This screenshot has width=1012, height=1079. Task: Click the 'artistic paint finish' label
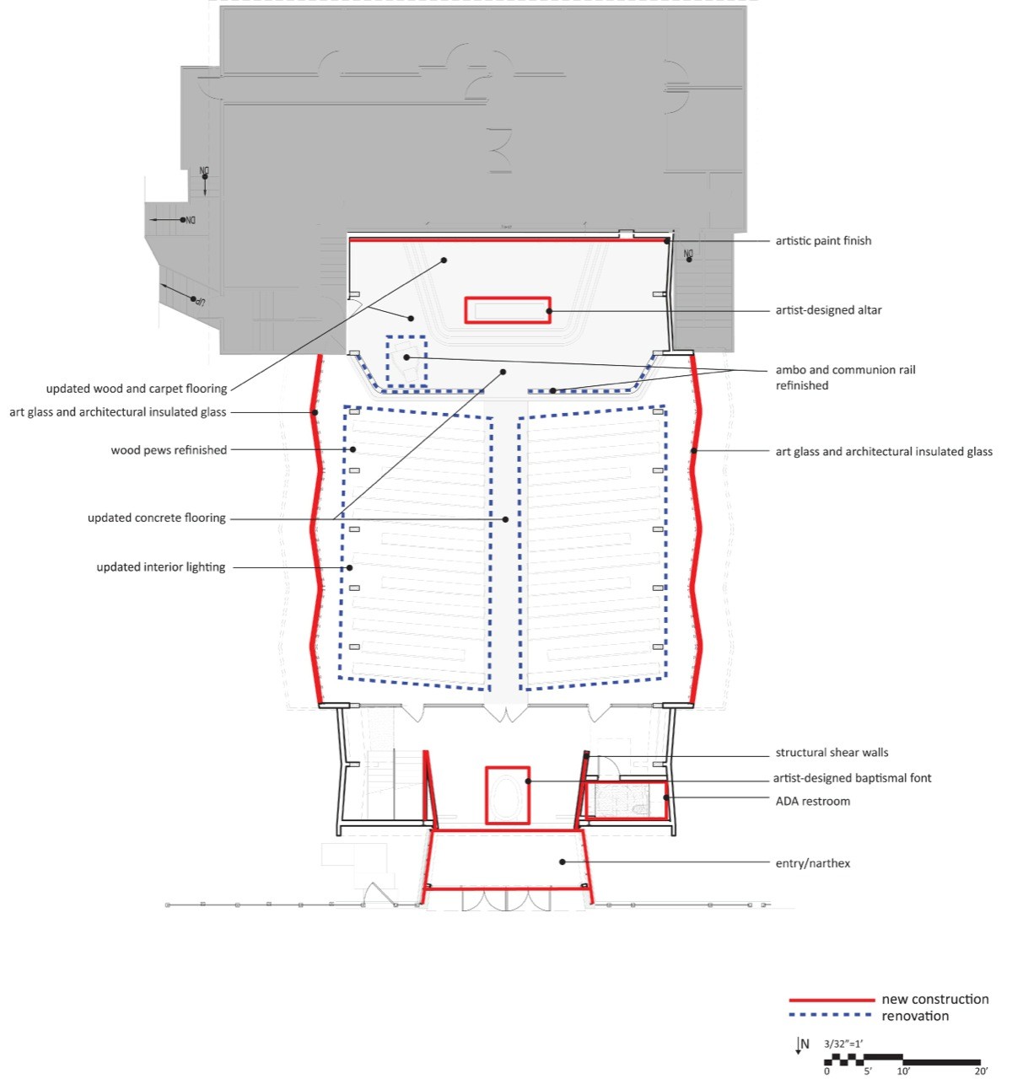[823, 241]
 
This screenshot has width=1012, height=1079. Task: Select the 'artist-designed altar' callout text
[828, 310]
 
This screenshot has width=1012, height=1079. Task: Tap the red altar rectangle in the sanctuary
[508, 310]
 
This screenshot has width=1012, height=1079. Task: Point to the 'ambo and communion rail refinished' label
[845, 378]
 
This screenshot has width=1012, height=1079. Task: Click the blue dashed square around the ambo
[406, 361]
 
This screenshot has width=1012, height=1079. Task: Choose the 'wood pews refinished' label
[169, 450]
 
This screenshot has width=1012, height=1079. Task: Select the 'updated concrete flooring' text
[157, 518]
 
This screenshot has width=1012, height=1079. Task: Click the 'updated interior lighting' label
[161, 567]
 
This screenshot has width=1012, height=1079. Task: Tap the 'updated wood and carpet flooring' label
[137, 389]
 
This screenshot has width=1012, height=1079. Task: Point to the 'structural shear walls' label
[832, 753]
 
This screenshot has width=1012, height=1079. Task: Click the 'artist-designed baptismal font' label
[852, 778]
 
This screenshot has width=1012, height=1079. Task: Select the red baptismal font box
[508, 795]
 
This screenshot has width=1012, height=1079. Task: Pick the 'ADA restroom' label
[812, 802]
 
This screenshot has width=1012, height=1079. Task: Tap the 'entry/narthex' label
[812, 863]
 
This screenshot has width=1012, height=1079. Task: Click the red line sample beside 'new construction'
[831, 1000]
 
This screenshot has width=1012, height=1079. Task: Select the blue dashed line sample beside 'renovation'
[831, 1016]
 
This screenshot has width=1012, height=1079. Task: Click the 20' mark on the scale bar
[981, 1071]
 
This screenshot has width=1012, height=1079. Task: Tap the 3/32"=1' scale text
[843, 1044]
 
